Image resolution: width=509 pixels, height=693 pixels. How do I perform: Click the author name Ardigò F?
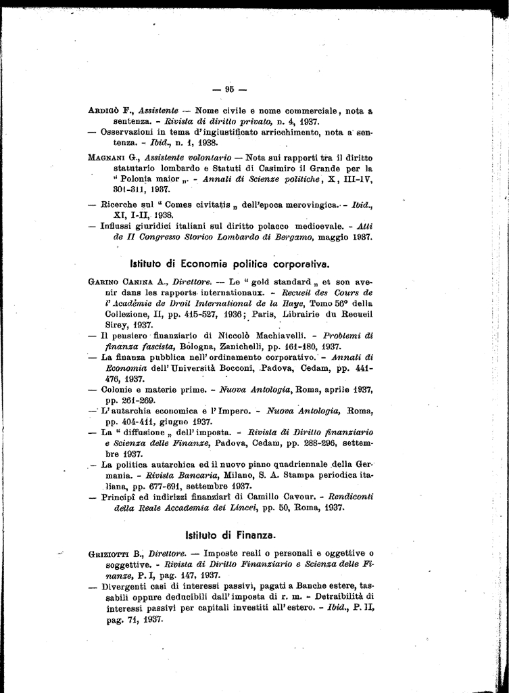pyautogui.click(x=110, y=110)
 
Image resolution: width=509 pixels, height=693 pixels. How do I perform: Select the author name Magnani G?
pyautogui.click(x=112, y=156)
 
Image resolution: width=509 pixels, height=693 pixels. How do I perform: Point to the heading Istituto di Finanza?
pyautogui.click(x=230, y=534)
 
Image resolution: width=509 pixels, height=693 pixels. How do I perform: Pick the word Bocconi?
pyautogui.click(x=233, y=367)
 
